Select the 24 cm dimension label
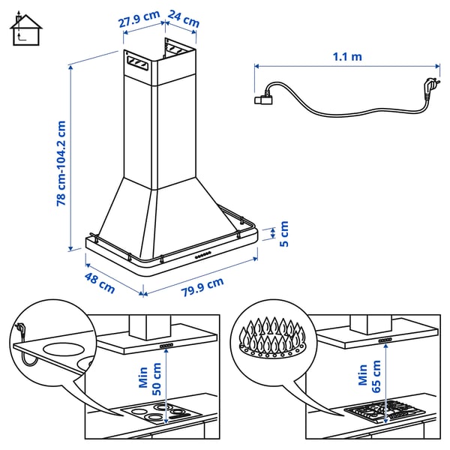click(x=184, y=19)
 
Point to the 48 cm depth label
click(x=99, y=283)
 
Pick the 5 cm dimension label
click(x=283, y=233)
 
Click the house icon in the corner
click(x=25, y=29)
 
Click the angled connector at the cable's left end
click(x=265, y=95)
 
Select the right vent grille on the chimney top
click(x=178, y=50)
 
